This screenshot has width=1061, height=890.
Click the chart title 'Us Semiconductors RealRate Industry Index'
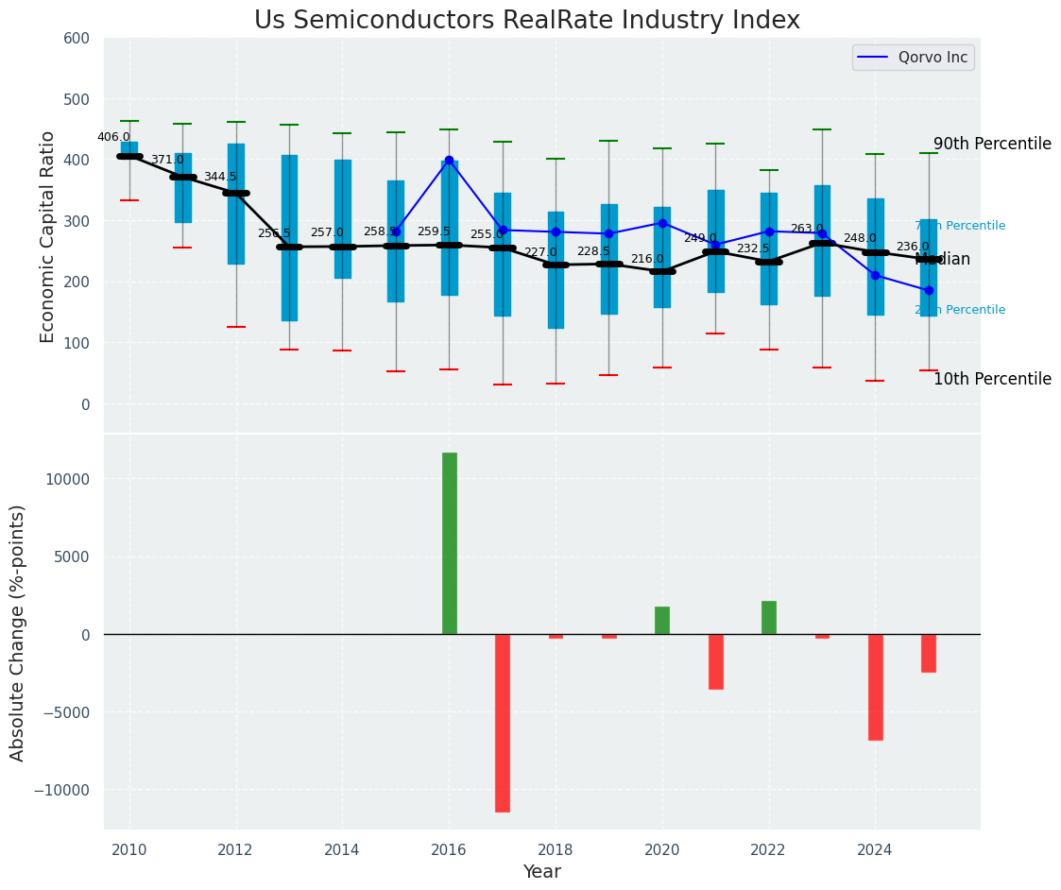(527, 21)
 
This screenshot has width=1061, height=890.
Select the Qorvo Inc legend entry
(913, 58)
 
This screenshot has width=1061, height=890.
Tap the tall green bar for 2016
(450, 543)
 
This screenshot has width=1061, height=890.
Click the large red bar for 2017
(503, 723)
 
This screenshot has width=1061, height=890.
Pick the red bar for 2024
(876, 687)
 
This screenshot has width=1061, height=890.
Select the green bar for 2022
(769, 617)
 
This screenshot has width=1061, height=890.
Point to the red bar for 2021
(716, 661)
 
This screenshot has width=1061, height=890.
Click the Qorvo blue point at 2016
(449, 161)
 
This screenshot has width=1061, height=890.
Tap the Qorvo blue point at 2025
(929, 290)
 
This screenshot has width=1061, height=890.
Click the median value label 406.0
(113, 137)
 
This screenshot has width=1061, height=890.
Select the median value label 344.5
(220, 177)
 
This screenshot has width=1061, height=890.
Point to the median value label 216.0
(647, 259)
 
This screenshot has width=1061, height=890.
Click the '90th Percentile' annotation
(992, 145)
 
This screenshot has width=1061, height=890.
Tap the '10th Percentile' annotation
(992, 380)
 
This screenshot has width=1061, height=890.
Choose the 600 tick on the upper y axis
(77, 39)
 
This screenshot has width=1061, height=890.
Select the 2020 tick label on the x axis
(662, 849)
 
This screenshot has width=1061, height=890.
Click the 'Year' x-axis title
(542, 872)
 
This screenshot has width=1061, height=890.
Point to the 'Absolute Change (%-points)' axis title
(18, 632)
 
